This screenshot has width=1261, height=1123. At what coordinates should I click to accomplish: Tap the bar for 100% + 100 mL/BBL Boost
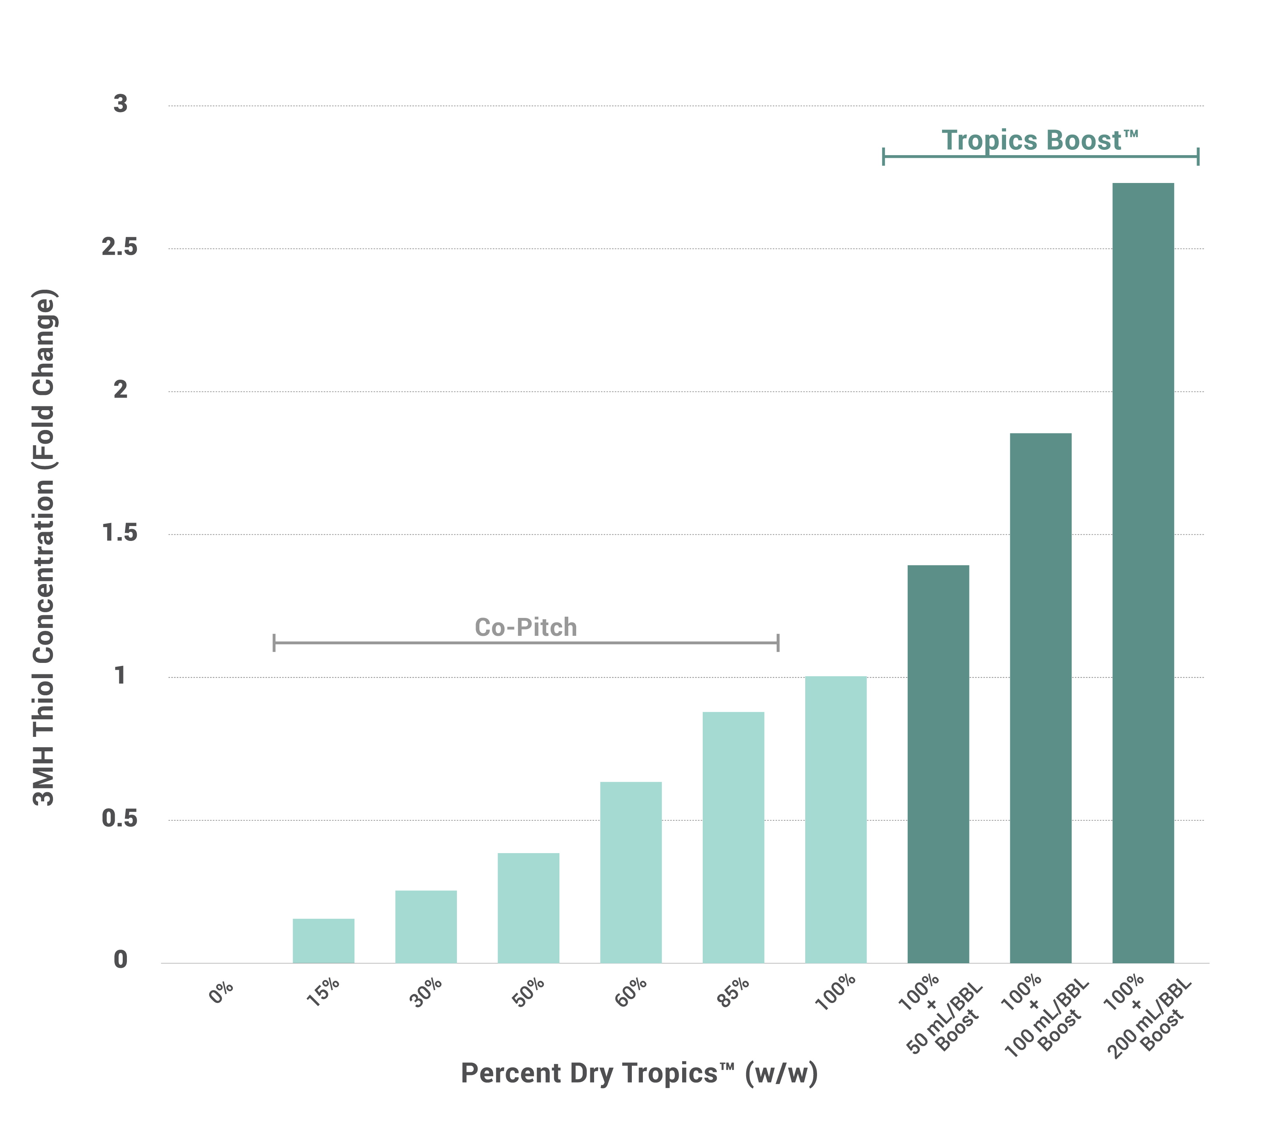[x=1040, y=697]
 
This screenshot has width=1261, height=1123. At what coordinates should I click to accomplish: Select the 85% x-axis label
[x=733, y=993]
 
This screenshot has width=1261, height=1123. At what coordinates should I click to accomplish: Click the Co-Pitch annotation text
[x=526, y=627]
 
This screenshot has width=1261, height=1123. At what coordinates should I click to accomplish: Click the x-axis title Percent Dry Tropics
[x=639, y=1074]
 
